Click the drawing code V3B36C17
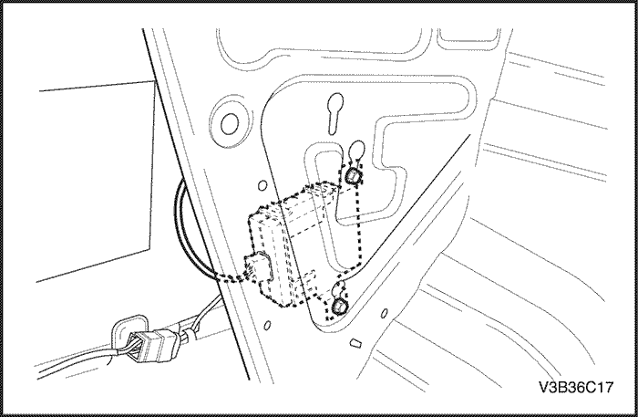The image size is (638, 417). [575, 387]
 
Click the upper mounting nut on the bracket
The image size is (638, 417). [353, 175]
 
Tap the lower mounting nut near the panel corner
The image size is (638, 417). [338, 307]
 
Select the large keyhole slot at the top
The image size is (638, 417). [335, 114]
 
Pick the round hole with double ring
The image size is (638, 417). [229, 123]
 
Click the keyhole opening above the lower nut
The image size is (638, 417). [338, 288]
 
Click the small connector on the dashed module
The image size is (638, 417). [258, 266]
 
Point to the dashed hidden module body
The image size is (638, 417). [287, 244]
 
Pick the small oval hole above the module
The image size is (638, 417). [262, 186]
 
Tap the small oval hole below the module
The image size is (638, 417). [267, 326]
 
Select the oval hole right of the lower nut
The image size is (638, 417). [384, 313]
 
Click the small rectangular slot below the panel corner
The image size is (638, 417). [356, 343]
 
